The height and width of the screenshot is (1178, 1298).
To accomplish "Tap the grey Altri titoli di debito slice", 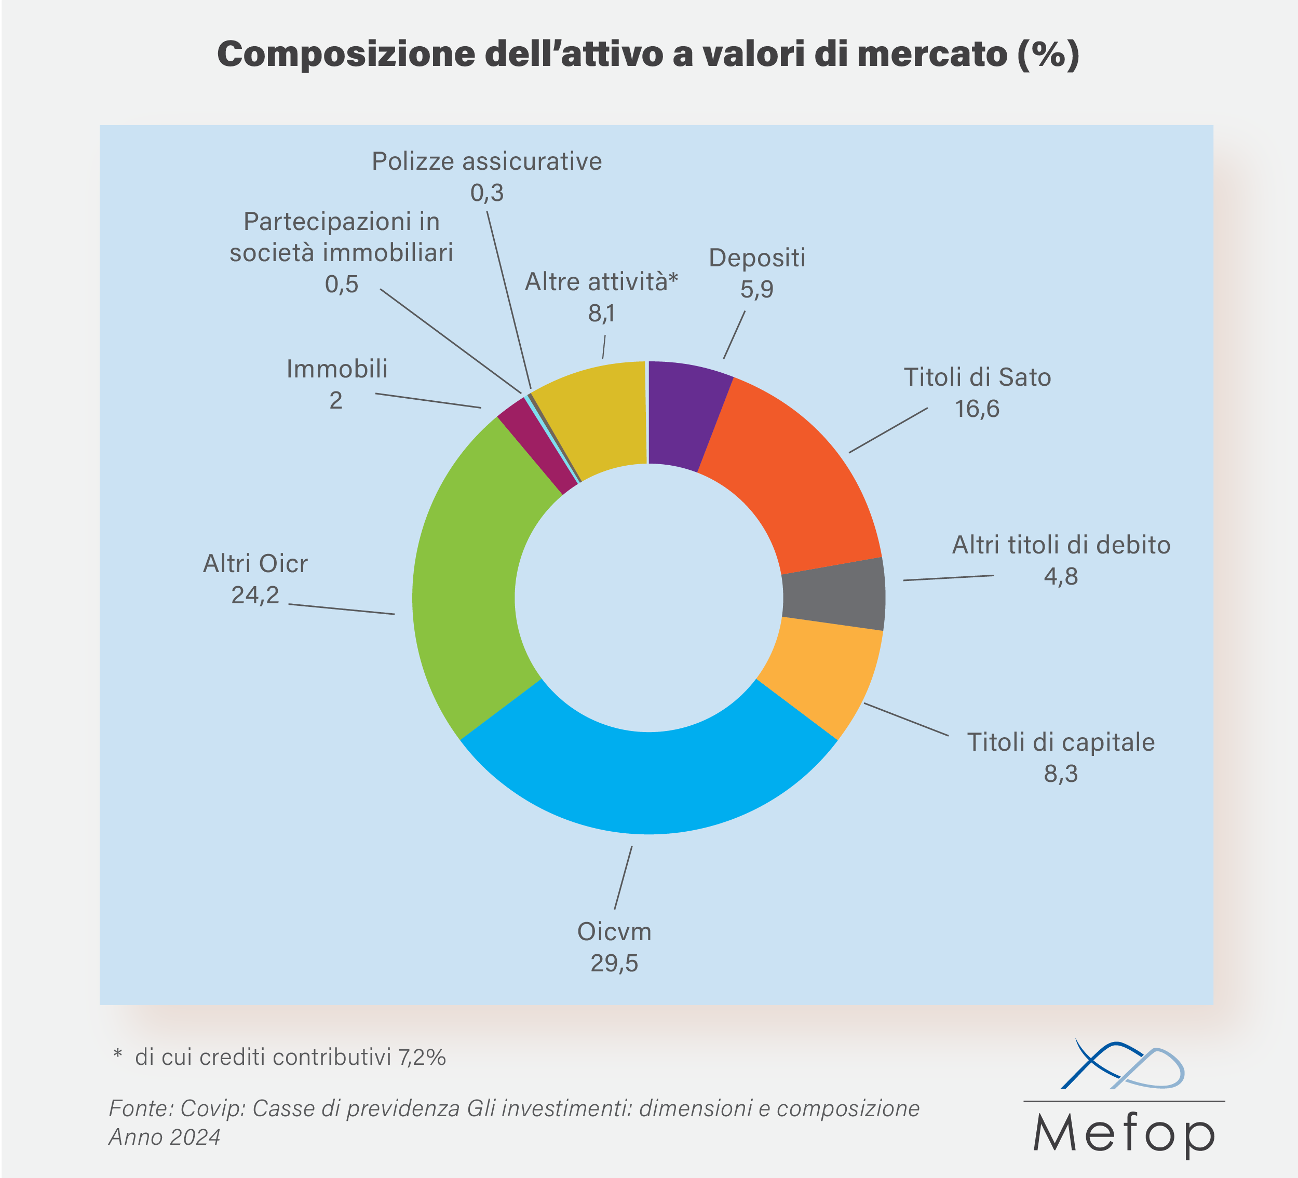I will click(834, 593).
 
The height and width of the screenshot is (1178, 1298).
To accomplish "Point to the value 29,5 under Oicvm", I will click(614, 963).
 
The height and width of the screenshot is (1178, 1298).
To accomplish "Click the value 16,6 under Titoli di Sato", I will click(977, 409).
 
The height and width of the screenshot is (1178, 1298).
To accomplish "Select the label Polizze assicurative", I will click(487, 161).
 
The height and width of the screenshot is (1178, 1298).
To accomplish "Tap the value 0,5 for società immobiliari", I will click(341, 284).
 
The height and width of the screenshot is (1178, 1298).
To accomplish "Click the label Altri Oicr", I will click(255, 563).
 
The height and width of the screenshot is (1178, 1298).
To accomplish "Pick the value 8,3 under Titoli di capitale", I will click(1060, 773).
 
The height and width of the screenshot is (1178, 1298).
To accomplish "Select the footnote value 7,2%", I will click(422, 1057).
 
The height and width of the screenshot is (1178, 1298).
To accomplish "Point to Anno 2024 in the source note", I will click(164, 1137).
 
